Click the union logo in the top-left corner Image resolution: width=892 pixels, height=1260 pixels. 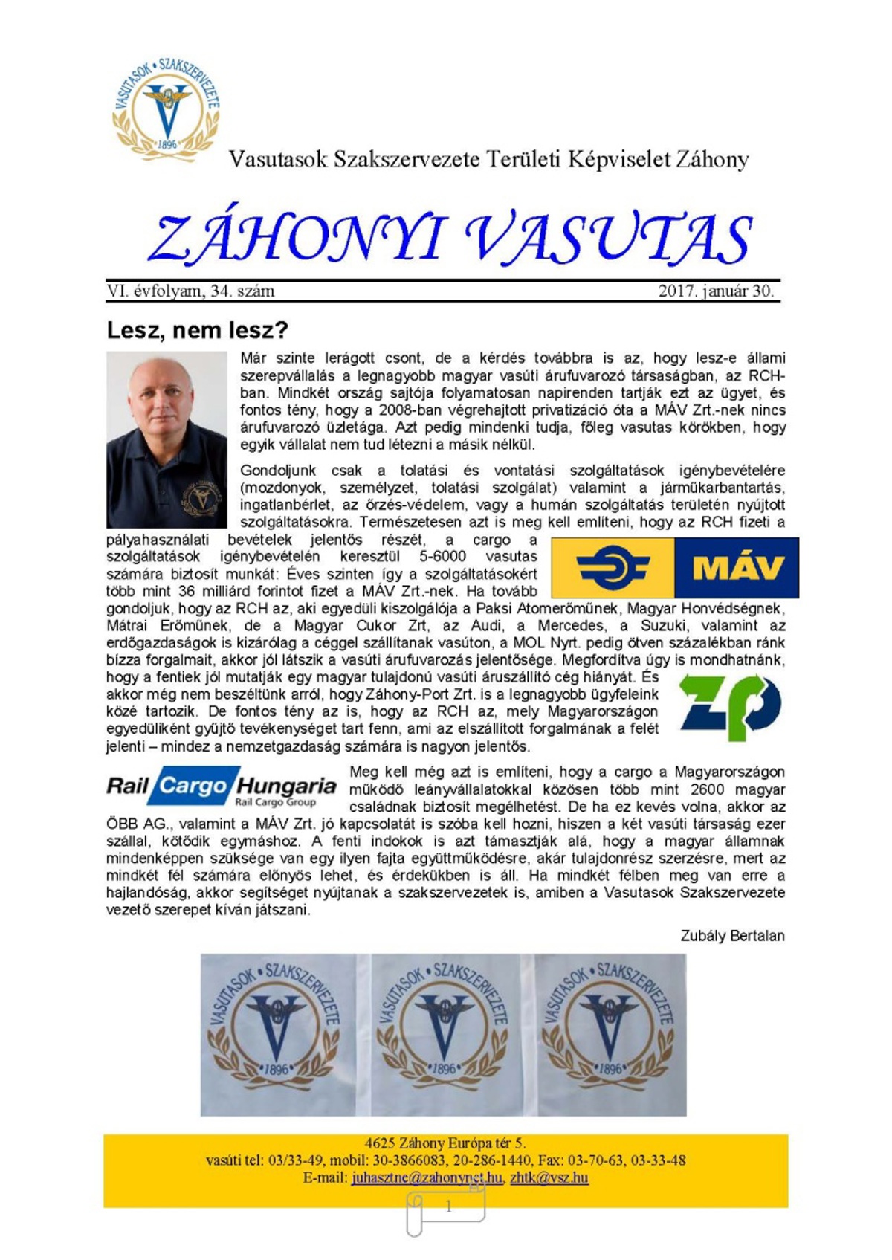tap(167, 105)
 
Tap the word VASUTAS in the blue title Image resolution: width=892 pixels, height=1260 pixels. tap(610, 239)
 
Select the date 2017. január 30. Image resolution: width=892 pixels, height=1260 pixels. tap(716, 291)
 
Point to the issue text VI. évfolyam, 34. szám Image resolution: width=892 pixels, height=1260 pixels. tap(190, 291)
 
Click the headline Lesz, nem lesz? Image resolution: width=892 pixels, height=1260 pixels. tap(197, 329)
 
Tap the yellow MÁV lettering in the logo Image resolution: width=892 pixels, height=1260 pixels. tap(737, 568)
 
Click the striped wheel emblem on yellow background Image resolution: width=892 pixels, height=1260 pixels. tap(613, 568)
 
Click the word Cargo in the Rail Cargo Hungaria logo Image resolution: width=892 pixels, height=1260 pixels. tap(193, 785)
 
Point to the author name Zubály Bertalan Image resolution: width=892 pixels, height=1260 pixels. tap(732, 936)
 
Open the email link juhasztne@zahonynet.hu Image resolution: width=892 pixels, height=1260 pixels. tap(427, 1177)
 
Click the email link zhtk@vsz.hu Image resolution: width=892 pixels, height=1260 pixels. tap(549, 1177)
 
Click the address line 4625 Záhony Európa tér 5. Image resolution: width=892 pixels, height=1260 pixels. tap(445, 1143)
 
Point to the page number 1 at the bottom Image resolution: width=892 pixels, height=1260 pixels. tap(448, 1207)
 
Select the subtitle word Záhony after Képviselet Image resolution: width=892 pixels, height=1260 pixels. tap(712, 159)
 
